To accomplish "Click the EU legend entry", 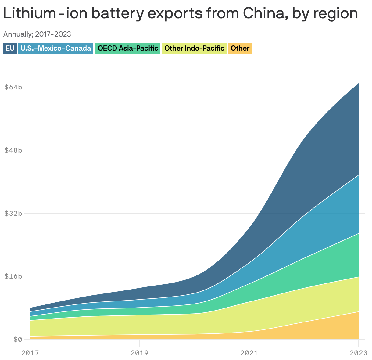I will pos(10,48).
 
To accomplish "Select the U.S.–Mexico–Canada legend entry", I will pos(56,48).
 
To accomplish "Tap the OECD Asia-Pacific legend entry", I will pos(128,48).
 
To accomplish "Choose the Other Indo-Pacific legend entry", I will pos(194,48).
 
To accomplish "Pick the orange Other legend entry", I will pos(240,48).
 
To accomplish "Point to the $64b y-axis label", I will pos(13,87).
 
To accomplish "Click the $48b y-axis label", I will pos(13,150).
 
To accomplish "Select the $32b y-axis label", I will pos(13,213).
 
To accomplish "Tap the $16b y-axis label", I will pos(13,276).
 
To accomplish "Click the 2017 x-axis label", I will pos(30,353).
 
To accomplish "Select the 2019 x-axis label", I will pos(140,353).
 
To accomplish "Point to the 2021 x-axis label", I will pos(249,353).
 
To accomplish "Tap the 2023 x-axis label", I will pos(358,353).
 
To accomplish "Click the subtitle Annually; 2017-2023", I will pos(37,34).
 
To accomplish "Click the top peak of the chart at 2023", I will pos(358,83).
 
